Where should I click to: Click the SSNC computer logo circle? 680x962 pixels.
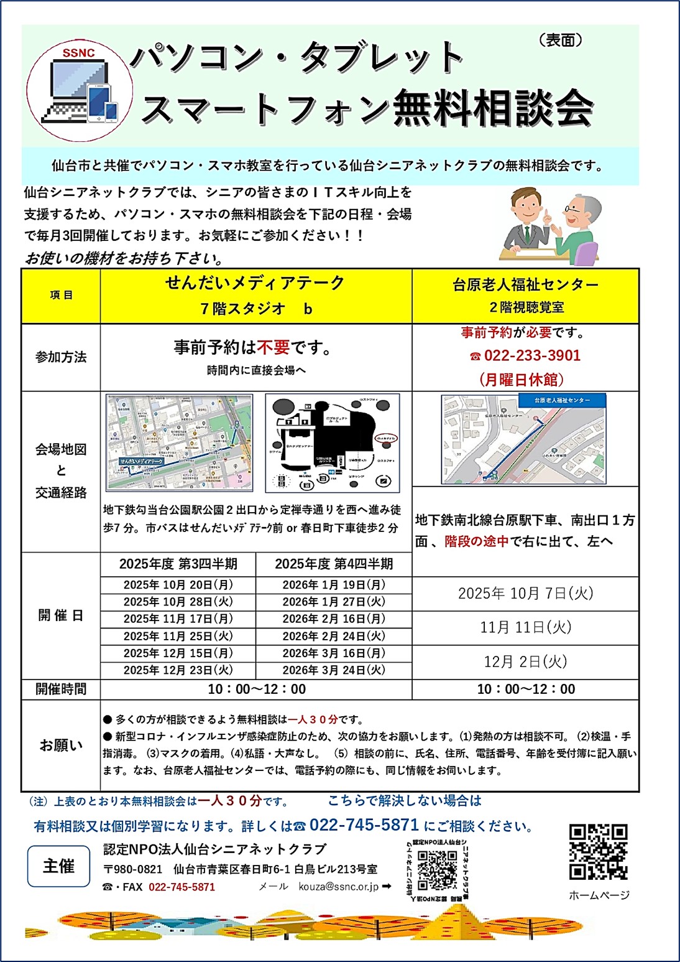coord(80,91)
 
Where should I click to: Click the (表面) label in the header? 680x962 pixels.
coord(561,40)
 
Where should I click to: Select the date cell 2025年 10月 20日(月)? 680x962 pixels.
coord(178,585)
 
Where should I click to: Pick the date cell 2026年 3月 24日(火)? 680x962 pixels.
coord(334,670)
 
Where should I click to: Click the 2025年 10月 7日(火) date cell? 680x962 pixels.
coord(525,594)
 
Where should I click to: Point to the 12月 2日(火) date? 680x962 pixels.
coord(525,661)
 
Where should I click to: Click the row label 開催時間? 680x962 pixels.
coord(61,689)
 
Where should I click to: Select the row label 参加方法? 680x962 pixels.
coord(61,357)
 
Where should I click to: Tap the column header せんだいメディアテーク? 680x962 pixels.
coord(255,283)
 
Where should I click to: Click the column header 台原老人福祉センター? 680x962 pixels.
coord(525,285)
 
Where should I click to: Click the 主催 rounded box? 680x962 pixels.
coord(58,866)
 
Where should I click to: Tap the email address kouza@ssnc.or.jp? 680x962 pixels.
coord(338,887)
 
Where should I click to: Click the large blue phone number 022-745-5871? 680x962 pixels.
coord(364,825)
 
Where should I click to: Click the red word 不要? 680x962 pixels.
coord(273,347)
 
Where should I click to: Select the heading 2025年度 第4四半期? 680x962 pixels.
coord(334,564)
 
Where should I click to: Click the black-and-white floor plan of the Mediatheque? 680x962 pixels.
coord(333,442)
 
